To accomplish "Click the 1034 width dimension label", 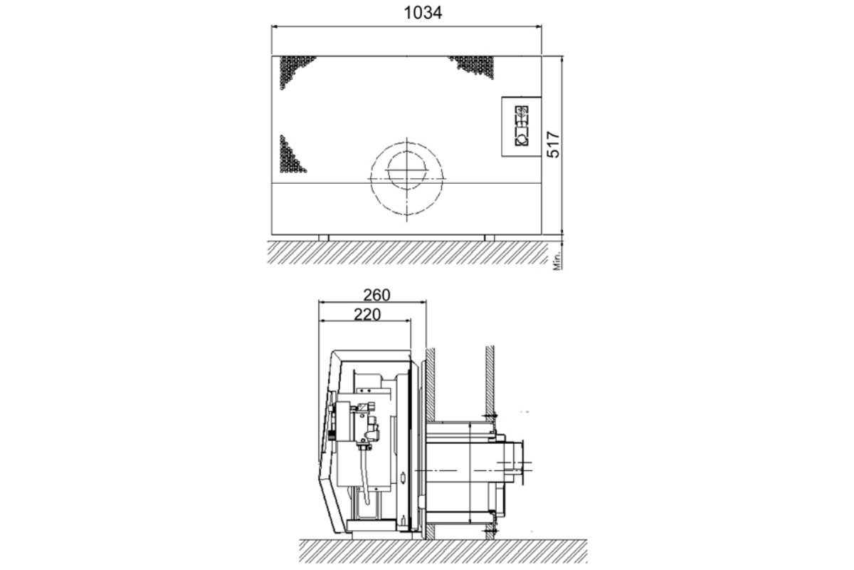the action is point(423,13).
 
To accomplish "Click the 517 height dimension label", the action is point(553,145).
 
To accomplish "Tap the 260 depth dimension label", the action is point(376,295).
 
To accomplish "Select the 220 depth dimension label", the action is point(367,314).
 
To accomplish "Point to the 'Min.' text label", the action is point(557,260).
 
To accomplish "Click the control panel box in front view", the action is point(522,126).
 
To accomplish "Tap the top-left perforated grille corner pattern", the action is point(296,71).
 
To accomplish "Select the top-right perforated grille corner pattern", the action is point(473,67).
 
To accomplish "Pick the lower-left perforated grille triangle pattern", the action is point(292,154).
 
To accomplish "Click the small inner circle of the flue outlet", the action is point(407,170).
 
